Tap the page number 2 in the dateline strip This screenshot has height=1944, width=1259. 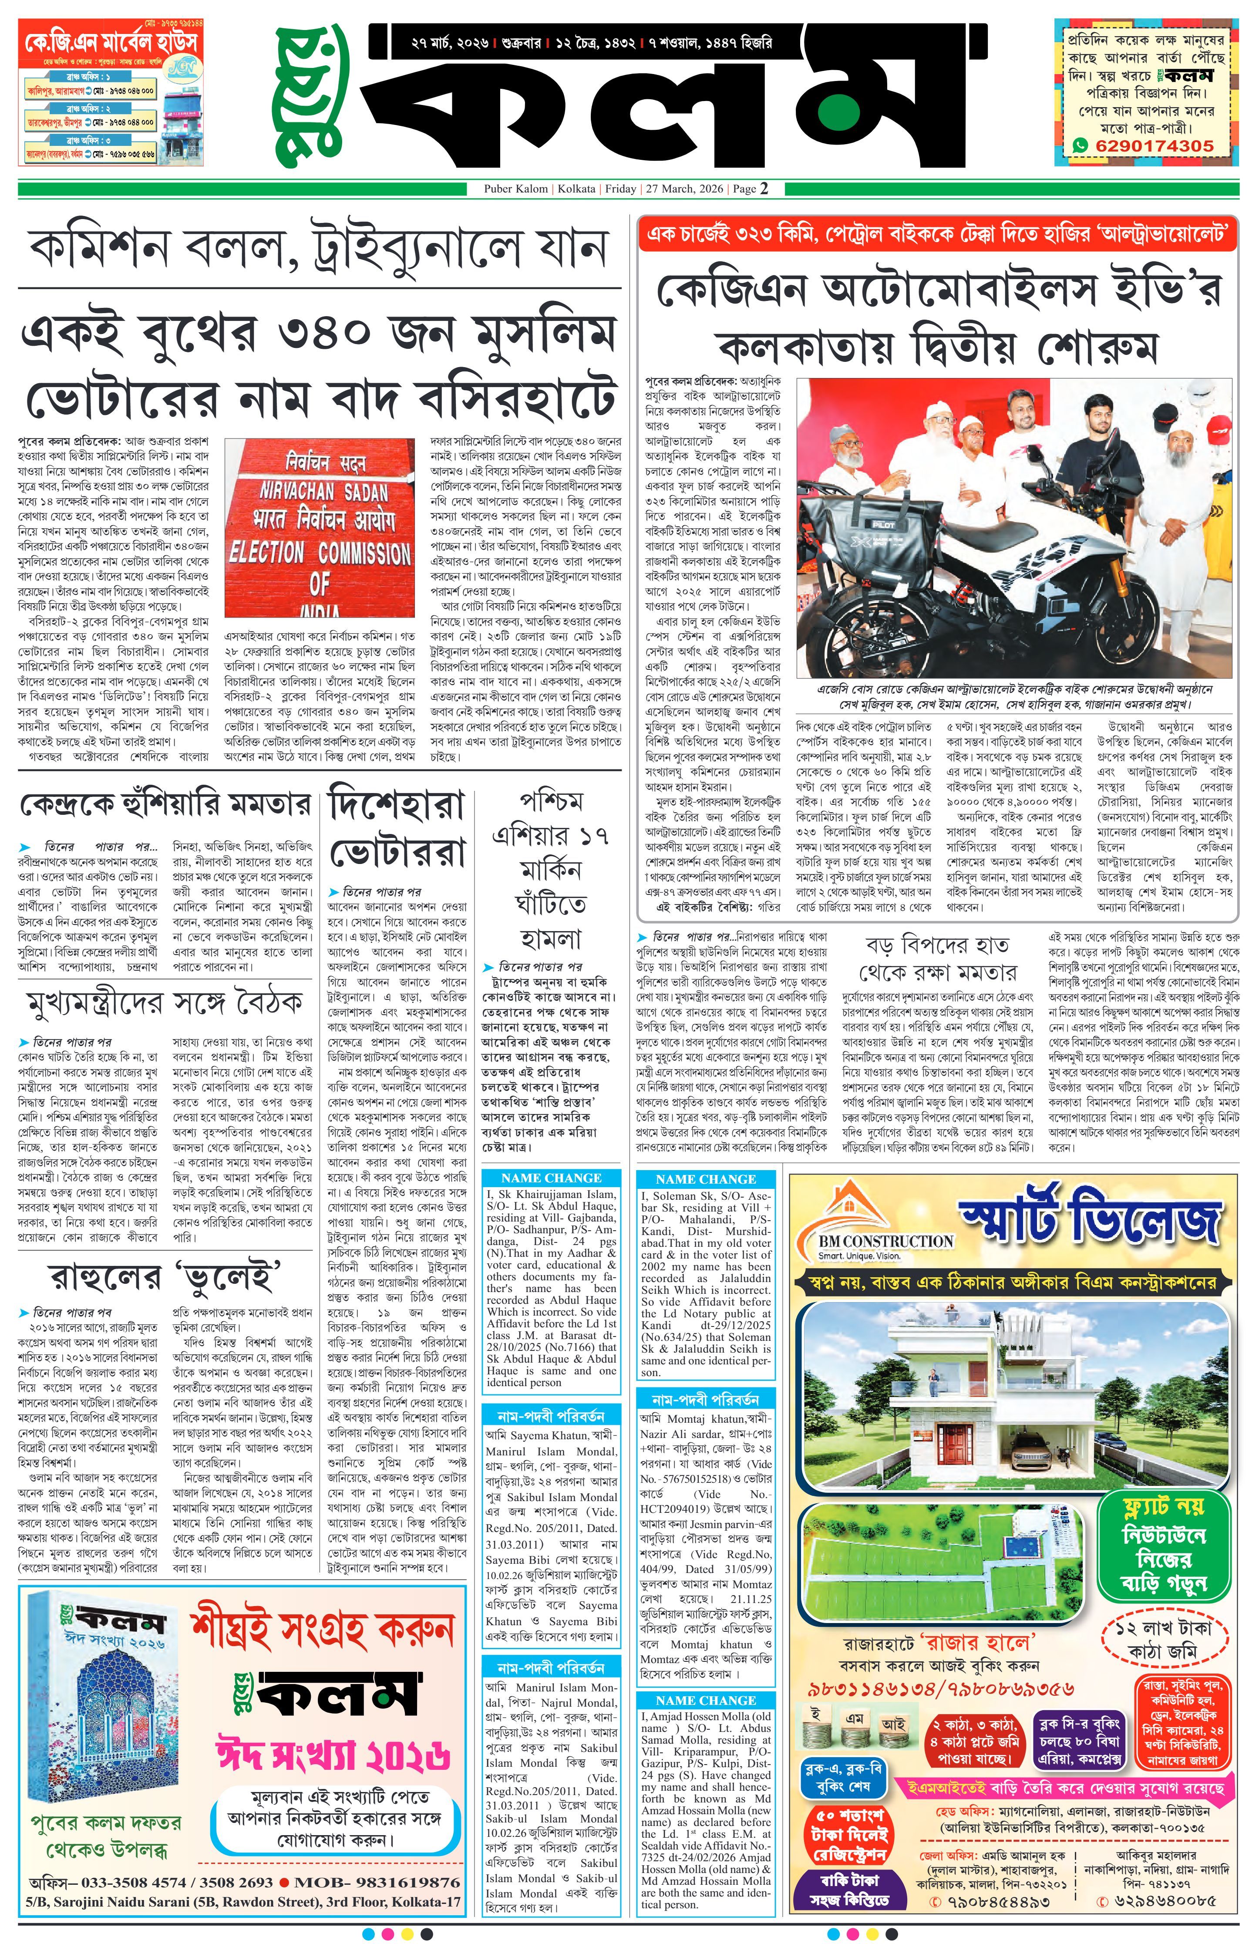point(764,189)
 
